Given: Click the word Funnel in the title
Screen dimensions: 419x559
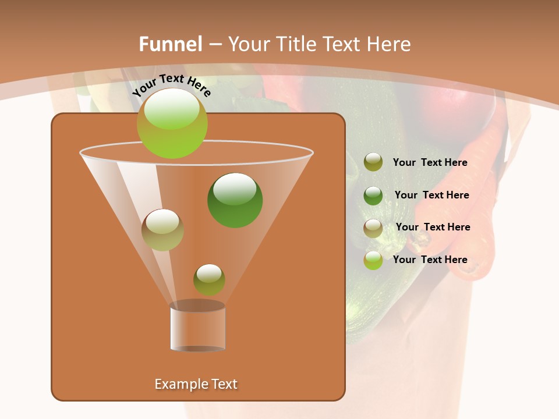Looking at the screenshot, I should pyautogui.click(x=170, y=44).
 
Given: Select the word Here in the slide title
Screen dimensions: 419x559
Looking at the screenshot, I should pyautogui.click(x=386, y=44).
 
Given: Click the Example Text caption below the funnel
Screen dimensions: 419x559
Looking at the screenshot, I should pyautogui.click(x=196, y=384).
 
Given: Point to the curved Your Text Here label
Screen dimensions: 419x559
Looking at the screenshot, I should pyautogui.click(x=171, y=85).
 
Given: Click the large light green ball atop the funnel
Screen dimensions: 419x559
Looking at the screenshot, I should pyautogui.click(x=172, y=123).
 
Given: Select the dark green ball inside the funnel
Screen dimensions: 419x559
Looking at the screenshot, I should pyautogui.click(x=235, y=200).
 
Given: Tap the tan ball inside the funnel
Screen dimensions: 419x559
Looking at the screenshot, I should pyautogui.click(x=162, y=230).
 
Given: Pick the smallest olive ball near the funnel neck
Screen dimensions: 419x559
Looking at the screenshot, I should pyautogui.click(x=209, y=280).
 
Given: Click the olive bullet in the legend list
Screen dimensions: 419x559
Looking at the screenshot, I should pyautogui.click(x=373, y=162).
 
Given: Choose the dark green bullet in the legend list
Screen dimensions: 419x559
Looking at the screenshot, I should pyautogui.click(x=373, y=196).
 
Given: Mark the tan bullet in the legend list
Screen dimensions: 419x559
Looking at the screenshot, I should pyautogui.click(x=373, y=228).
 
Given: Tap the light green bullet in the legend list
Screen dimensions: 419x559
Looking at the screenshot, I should pyautogui.click(x=373, y=260).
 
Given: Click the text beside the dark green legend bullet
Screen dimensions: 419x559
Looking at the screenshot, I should pyautogui.click(x=431, y=195).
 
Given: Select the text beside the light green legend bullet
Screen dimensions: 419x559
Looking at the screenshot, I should pyautogui.click(x=430, y=260).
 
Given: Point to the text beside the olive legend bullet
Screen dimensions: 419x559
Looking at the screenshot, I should pyautogui.click(x=430, y=162).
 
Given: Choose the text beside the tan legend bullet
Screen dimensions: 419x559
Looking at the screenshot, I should pyautogui.click(x=433, y=227).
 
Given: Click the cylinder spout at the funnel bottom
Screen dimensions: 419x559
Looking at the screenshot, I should pyautogui.click(x=198, y=327).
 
